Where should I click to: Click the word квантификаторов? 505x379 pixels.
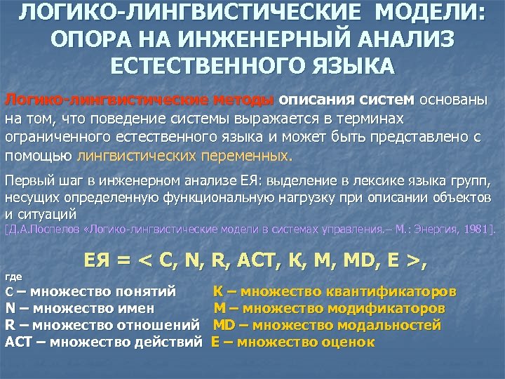coord(396,290)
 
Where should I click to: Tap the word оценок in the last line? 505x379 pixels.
coord(345,343)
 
